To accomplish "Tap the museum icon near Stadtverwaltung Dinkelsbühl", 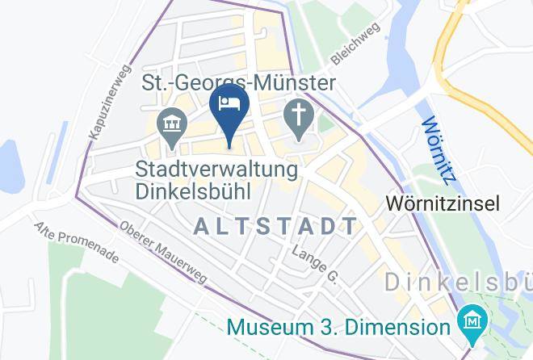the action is pos(172,125).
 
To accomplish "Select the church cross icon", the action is pos(298,119).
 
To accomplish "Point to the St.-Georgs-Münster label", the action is pos(238,83).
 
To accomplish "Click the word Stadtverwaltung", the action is pos(216,170).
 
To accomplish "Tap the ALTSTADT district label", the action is pos(275,226).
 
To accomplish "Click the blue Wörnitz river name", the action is pos(435,149).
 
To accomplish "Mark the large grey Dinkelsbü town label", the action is pos(457,283).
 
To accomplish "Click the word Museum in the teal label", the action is pos(267,328).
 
